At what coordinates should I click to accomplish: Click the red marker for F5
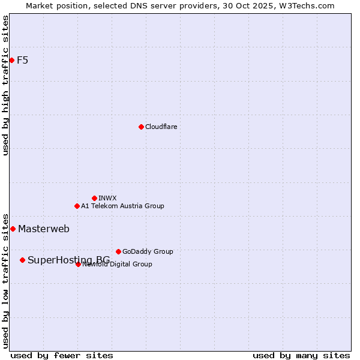click(11, 60)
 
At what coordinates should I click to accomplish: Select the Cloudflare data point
click(141, 127)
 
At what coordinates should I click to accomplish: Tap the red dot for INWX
click(94, 198)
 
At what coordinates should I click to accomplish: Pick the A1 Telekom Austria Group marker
click(77, 206)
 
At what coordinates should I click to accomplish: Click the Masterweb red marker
click(13, 229)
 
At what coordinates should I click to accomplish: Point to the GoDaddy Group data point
click(118, 251)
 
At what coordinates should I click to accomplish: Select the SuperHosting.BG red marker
click(22, 260)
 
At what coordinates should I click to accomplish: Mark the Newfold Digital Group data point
click(78, 264)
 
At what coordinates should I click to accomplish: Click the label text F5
click(22, 60)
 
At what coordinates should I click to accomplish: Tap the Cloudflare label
click(161, 127)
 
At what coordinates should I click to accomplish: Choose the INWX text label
click(107, 198)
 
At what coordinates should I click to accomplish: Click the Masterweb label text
click(43, 229)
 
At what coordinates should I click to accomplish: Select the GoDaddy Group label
click(148, 251)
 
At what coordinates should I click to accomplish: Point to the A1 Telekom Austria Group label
click(122, 206)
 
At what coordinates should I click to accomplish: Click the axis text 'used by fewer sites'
click(62, 355)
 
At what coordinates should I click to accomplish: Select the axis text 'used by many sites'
click(301, 355)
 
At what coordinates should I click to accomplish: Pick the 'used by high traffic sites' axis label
click(5, 85)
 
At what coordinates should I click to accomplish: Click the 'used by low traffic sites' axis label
click(5, 280)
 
